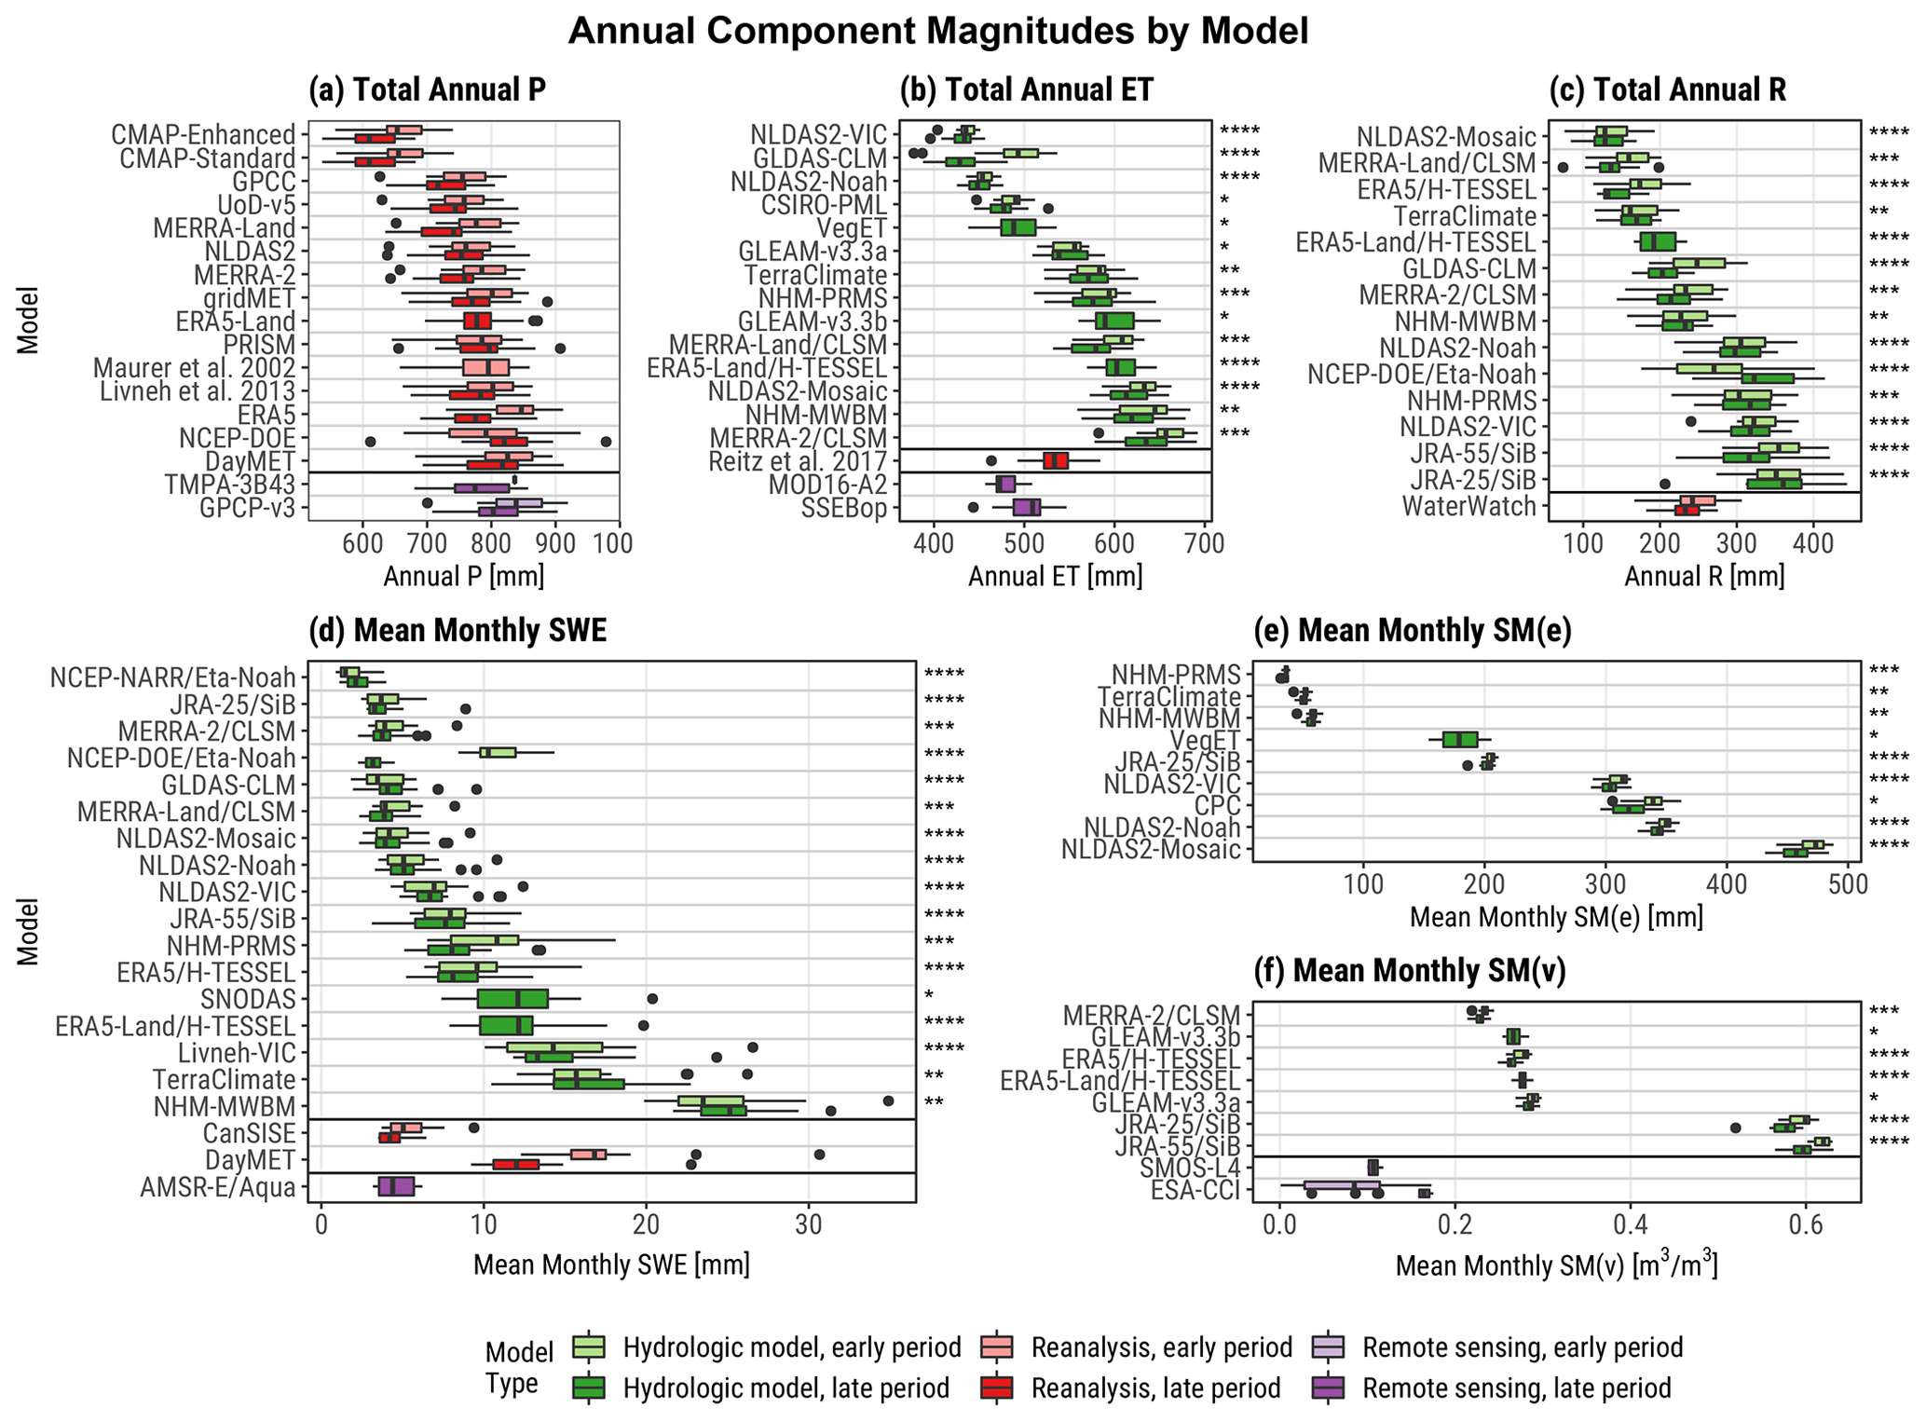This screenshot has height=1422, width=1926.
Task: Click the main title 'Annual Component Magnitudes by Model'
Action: pyautogui.click(x=937, y=31)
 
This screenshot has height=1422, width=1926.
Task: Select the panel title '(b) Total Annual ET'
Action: pyautogui.click(x=1026, y=89)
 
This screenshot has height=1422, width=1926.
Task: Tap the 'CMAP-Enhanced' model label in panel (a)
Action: pyautogui.click(x=203, y=134)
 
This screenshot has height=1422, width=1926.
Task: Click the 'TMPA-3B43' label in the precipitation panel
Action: pyautogui.click(x=230, y=485)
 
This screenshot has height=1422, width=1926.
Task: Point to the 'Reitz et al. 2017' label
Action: pyautogui.click(x=798, y=461)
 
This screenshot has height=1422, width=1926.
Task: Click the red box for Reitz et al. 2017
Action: pyautogui.click(x=1056, y=461)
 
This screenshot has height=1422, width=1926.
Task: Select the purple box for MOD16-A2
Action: pyautogui.click(x=1005, y=485)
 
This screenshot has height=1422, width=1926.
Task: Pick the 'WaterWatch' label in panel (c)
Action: pyautogui.click(x=1469, y=507)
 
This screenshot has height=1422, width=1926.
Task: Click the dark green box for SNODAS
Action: pyautogui.click(x=512, y=999)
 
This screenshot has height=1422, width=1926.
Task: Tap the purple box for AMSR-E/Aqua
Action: pyautogui.click(x=397, y=1186)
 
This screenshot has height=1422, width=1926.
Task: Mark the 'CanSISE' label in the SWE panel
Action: pyautogui.click(x=249, y=1133)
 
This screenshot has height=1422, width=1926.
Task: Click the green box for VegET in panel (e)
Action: pyautogui.click(x=1460, y=739)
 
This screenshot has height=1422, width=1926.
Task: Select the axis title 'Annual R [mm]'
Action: pyautogui.click(x=1704, y=576)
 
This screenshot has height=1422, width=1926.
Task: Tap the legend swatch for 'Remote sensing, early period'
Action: pyautogui.click(x=1332, y=1347)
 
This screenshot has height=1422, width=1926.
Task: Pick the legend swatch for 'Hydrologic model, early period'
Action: pyautogui.click(x=591, y=1347)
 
